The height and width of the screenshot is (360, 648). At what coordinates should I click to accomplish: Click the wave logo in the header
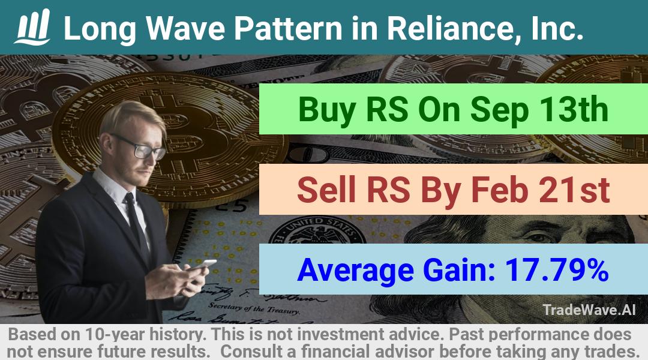(x=32, y=27)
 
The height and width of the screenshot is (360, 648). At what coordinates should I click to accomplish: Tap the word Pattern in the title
(x=288, y=28)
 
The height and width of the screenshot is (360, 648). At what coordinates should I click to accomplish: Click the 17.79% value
(x=557, y=270)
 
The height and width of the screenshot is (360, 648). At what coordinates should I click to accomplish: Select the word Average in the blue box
(x=355, y=271)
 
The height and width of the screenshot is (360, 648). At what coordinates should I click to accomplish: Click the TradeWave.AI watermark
(x=589, y=310)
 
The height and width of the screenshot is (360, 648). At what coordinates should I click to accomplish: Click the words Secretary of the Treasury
(x=253, y=308)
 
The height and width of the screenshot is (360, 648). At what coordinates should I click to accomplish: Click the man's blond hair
(x=130, y=116)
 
